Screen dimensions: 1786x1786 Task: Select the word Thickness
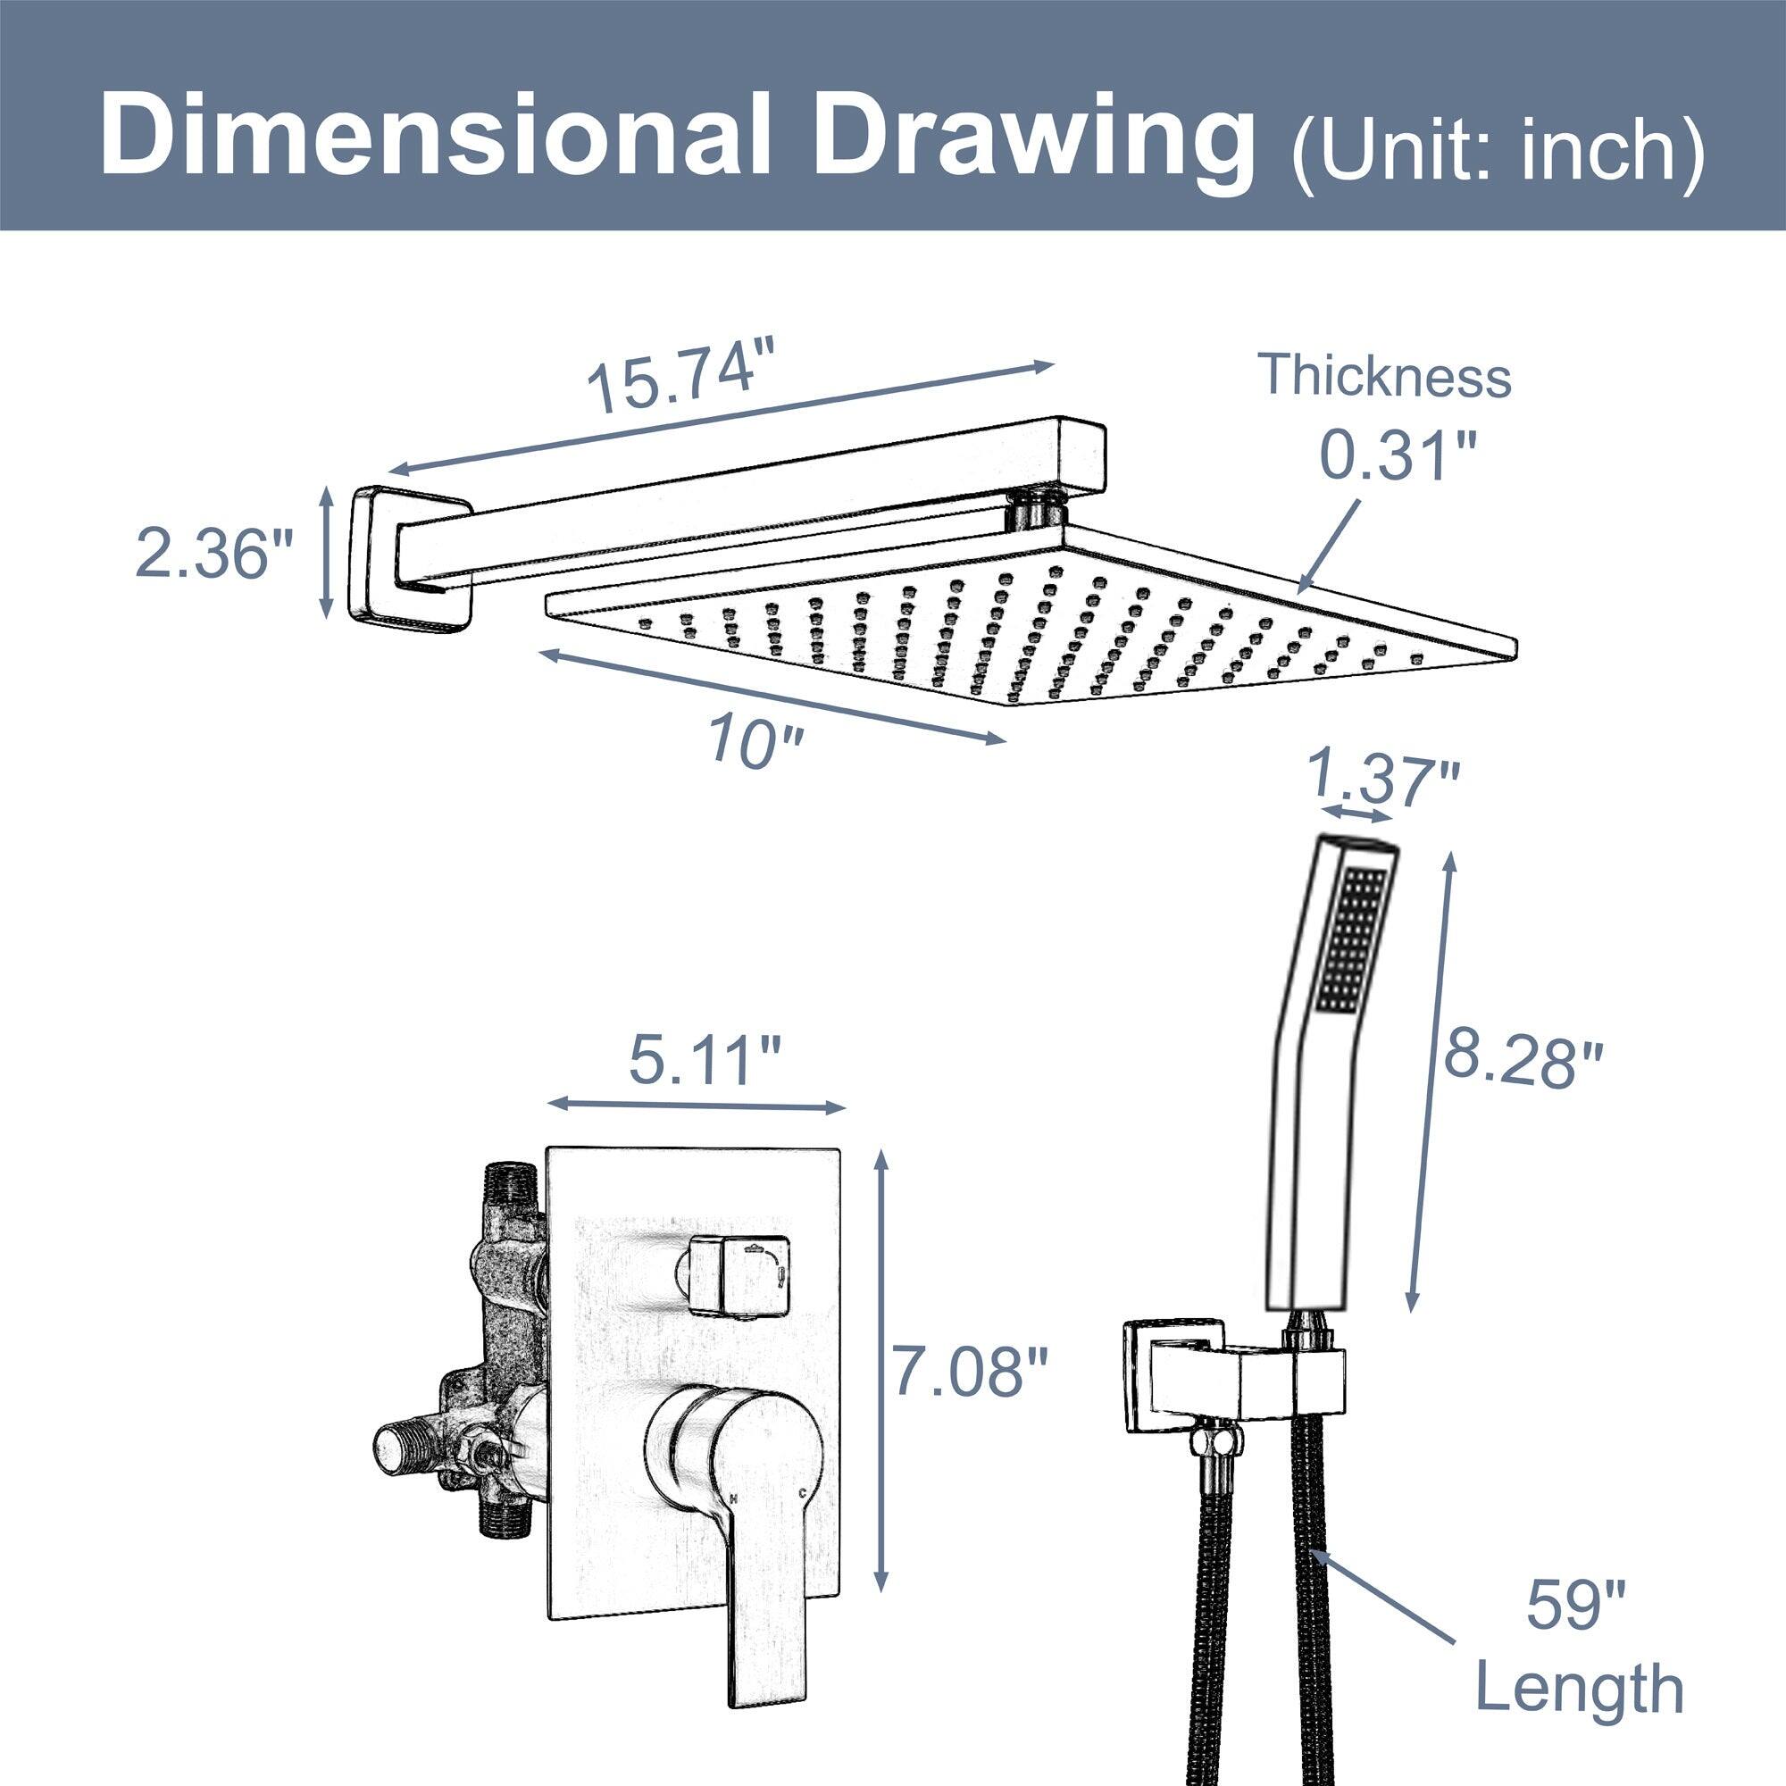(1385, 376)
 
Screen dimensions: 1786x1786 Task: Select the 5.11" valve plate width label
(705, 1061)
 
